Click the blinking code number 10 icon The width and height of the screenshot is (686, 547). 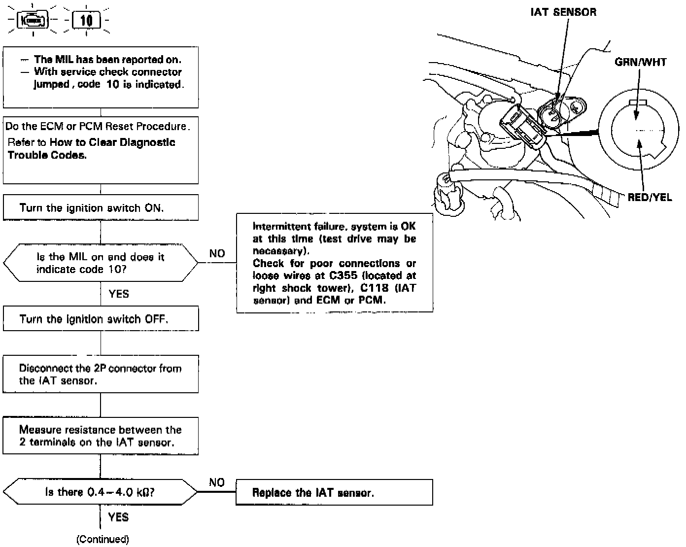tap(86, 21)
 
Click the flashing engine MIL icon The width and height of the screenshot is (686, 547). tap(33, 21)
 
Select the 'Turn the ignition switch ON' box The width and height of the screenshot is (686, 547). tap(101, 207)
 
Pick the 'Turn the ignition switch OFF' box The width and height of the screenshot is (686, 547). tap(101, 319)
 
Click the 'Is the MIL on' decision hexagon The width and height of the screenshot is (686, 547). tap(101, 263)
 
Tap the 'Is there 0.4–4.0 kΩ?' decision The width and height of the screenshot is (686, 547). tap(101, 492)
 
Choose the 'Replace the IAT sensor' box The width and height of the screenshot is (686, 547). tap(334, 492)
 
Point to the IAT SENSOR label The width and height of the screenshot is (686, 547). tap(563, 12)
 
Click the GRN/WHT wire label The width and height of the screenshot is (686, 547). tap(640, 62)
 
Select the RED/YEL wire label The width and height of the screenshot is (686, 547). tap(649, 197)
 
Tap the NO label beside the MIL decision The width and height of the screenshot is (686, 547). tap(217, 254)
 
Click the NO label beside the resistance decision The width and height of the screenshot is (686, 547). tap(217, 482)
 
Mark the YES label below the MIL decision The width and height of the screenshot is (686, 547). tap(119, 294)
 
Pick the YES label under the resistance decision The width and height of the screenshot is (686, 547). tap(119, 517)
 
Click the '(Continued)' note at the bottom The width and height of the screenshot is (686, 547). tap(103, 539)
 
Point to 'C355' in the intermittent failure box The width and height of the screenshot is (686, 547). tap(343, 275)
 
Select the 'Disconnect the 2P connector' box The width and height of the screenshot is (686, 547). tap(101, 375)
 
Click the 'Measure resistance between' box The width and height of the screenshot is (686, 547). tap(101, 436)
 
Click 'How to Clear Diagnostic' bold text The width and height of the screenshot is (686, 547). tap(112, 142)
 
